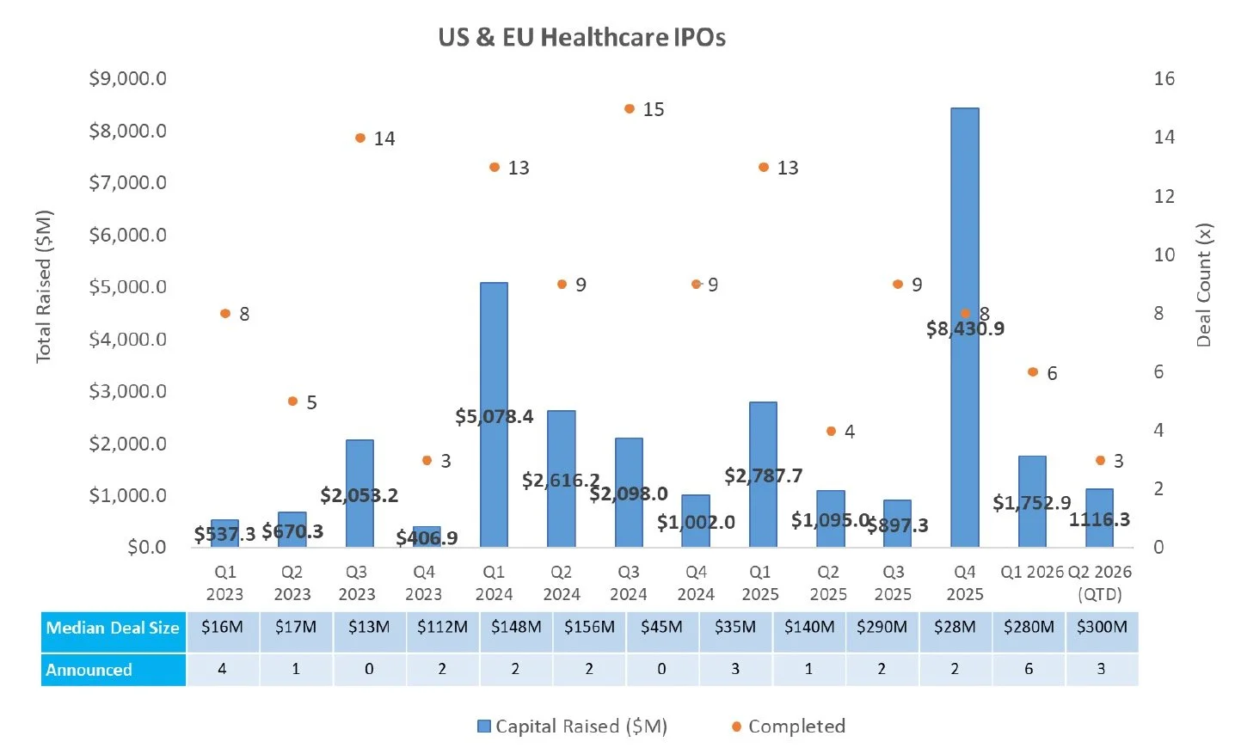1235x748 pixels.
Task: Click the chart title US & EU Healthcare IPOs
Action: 581,38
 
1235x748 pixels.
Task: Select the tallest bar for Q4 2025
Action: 965,328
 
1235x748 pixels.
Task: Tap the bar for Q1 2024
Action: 494,414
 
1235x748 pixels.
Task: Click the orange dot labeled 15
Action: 629,108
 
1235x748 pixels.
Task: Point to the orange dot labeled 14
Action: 360,138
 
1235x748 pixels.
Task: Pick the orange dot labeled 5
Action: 292,402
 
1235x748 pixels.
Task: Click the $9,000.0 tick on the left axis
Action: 127,78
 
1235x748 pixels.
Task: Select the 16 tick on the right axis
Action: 1164,78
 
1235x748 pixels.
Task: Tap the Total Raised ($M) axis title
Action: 44,286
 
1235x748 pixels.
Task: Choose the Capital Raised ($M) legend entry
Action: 572,727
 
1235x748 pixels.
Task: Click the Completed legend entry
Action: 789,727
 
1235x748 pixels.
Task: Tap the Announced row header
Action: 113,670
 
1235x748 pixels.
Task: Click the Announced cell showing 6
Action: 1029,669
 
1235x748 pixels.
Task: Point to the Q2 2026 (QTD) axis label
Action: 1099,583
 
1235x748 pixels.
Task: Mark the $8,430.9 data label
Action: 965,329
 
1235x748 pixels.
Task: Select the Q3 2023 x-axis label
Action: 357,583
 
